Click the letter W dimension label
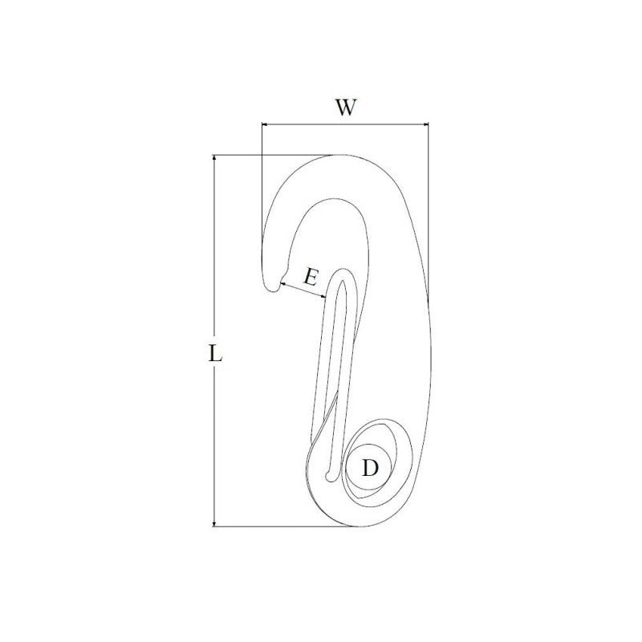pos(346,108)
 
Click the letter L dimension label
pos(215,354)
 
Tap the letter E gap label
pos(311,278)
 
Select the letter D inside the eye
pos(370,468)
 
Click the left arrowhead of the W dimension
pos(265,124)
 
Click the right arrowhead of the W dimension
pos(425,124)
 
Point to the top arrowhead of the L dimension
pos(213,158)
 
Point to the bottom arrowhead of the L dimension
pos(213,523)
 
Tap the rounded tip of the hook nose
pos(271,288)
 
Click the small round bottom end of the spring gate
pos(330,476)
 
